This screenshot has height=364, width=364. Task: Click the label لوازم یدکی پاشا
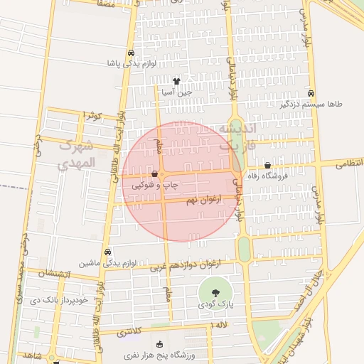coord(132,63)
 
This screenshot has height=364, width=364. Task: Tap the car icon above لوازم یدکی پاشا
coord(132,53)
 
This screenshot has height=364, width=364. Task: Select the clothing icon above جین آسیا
coord(176,81)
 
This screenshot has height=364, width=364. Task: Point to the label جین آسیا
coord(176,92)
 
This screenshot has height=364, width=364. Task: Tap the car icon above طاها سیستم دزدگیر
coord(311,93)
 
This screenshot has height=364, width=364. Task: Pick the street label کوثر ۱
coord(93,115)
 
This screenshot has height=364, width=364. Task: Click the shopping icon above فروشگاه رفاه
coord(267,165)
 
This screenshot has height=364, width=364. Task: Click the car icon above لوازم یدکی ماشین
coord(107,252)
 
